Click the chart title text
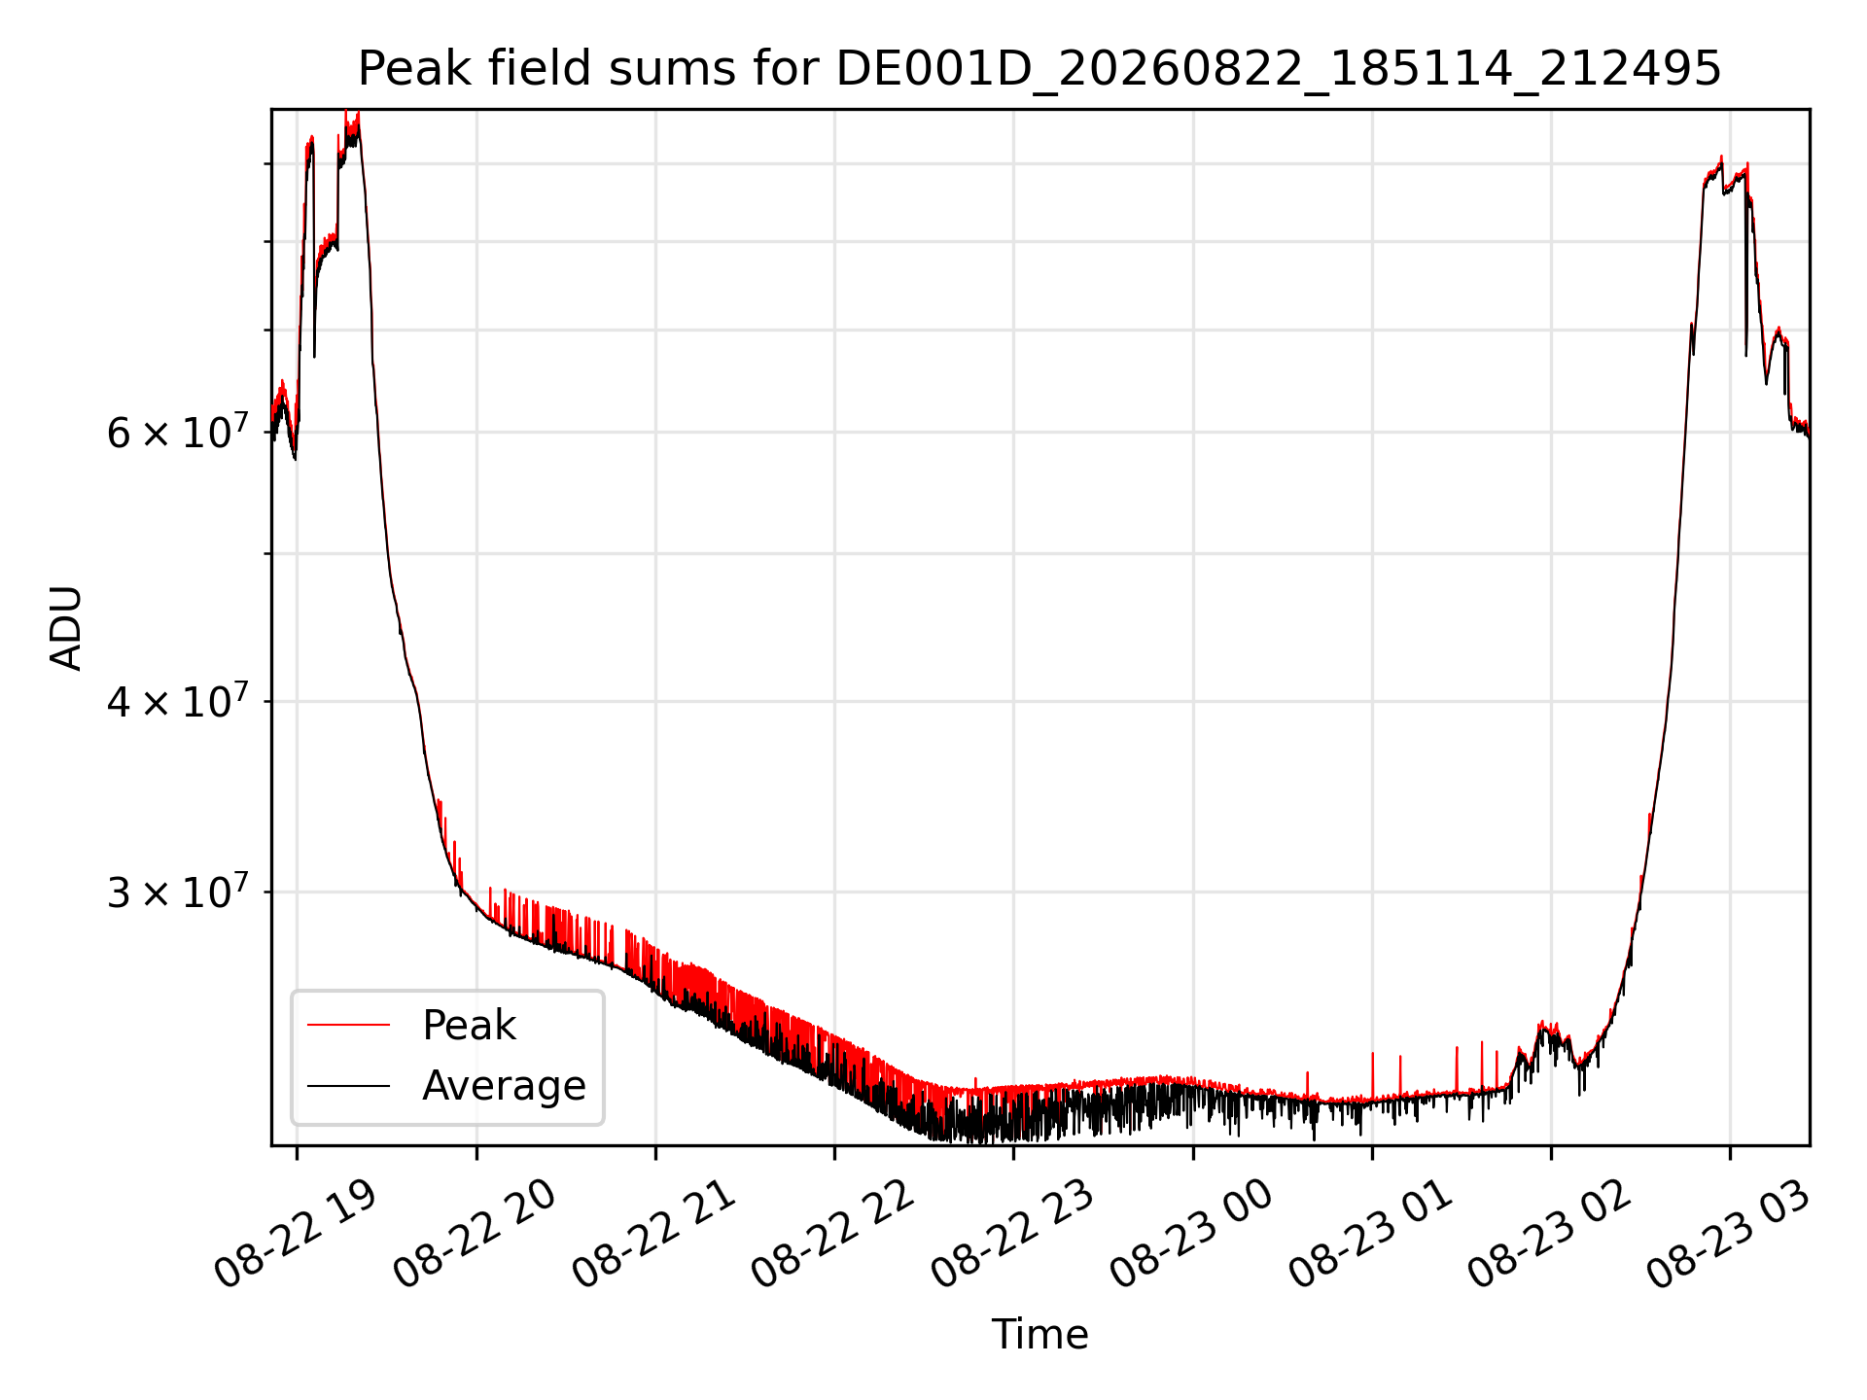[1039, 69]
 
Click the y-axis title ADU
[66, 628]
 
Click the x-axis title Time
[1039, 1334]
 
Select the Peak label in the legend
[469, 1026]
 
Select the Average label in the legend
[504, 1086]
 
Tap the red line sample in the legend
[348, 1025]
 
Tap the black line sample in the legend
[348, 1085]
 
